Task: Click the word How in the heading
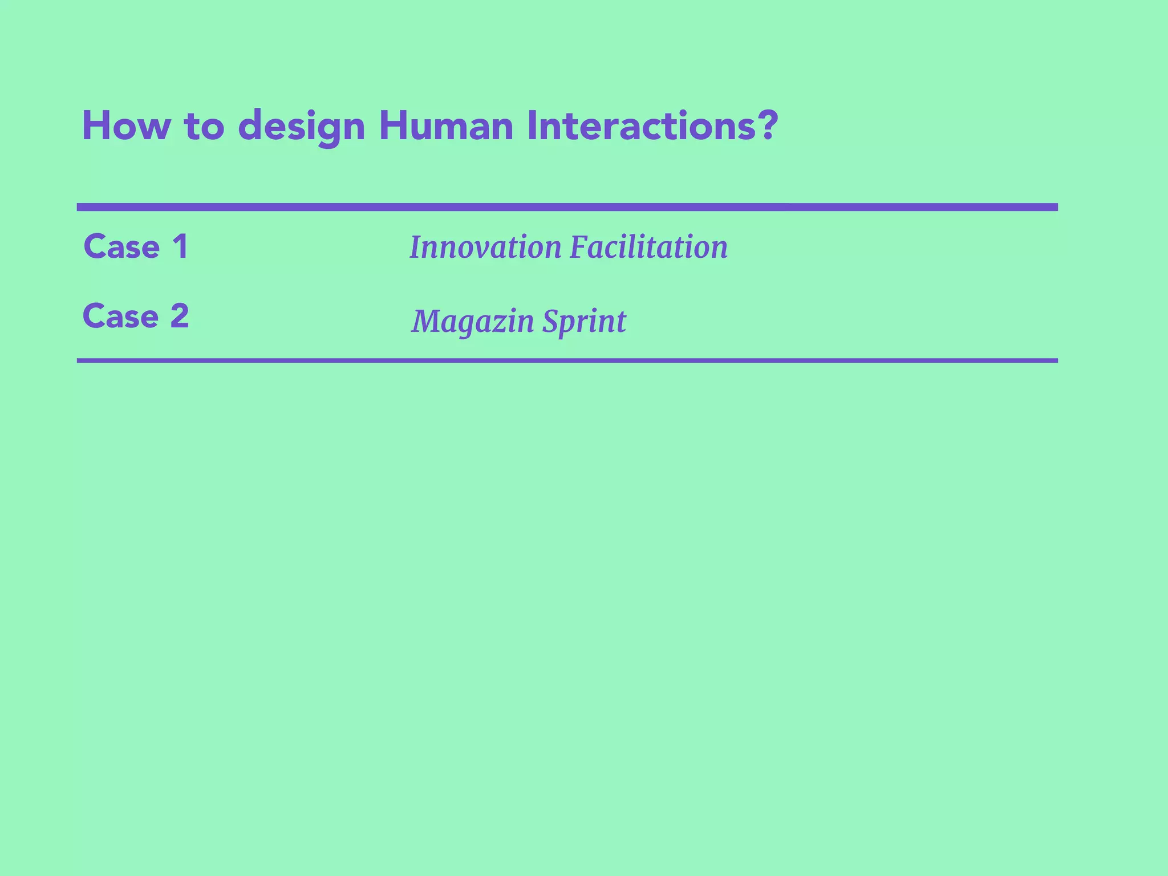click(126, 126)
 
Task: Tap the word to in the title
click(204, 127)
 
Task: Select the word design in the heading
click(301, 127)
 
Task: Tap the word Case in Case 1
click(121, 247)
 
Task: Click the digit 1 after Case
click(180, 247)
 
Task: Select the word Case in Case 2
click(121, 317)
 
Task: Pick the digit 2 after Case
click(180, 316)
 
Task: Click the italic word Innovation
click(485, 248)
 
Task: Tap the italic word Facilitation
click(648, 248)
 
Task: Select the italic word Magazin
click(472, 321)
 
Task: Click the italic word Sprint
click(584, 321)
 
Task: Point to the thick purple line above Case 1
click(567, 207)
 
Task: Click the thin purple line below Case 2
click(567, 360)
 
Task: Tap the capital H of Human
click(391, 126)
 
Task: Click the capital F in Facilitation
click(578, 248)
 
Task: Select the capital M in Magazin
click(427, 321)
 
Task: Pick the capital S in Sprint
click(550, 321)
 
